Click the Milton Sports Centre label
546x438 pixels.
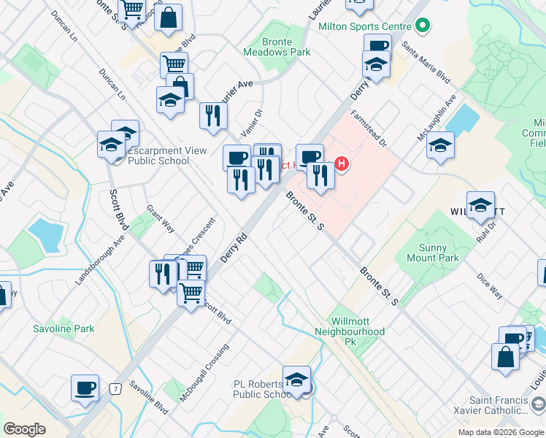[365, 26]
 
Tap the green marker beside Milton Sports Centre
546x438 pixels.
[422, 27]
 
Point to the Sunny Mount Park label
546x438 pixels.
[432, 253]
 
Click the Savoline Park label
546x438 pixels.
[64, 328]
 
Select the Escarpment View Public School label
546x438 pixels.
[158, 155]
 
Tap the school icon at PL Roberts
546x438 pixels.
[296, 380]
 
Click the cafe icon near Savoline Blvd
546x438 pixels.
[85, 388]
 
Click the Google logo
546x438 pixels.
[25, 429]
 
